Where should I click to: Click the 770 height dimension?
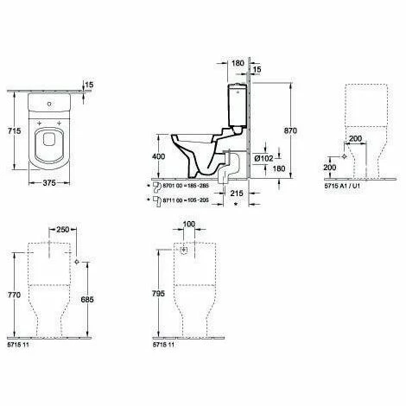tap(13, 295)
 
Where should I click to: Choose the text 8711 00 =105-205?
tap(185, 200)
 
